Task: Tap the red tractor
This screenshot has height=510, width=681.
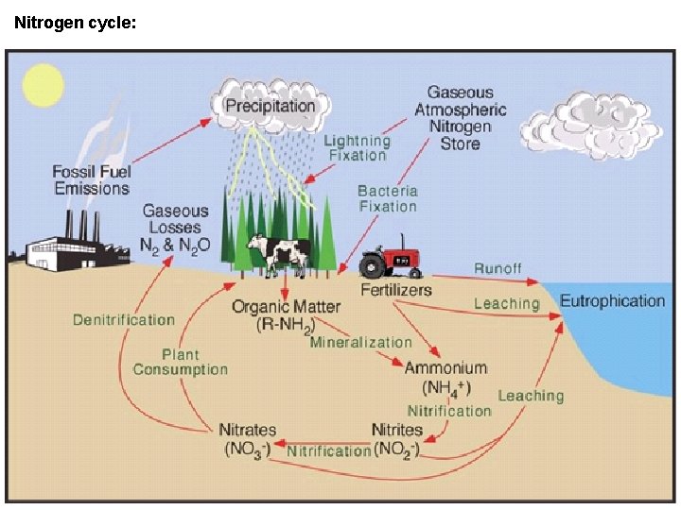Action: (x=390, y=258)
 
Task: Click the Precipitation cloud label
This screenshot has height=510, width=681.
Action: (x=270, y=105)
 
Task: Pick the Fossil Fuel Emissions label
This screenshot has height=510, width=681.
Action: (x=91, y=179)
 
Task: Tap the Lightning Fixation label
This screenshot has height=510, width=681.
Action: (x=357, y=147)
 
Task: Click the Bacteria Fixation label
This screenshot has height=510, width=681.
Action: (x=387, y=198)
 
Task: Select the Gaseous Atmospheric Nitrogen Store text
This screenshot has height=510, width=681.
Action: (x=460, y=118)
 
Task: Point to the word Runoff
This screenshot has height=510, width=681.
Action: (x=498, y=268)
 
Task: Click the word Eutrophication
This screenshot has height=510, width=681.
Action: (x=612, y=301)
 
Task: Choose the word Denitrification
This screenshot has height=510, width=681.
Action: (x=124, y=320)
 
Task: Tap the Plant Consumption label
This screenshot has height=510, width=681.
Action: (x=180, y=362)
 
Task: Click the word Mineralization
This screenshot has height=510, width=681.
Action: (x=360, y=342)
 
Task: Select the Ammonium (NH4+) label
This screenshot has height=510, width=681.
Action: (x=445, y=377)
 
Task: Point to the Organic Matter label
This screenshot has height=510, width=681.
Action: (x=286, y=315)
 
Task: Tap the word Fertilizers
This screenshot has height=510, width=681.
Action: (x=395, y=289)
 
